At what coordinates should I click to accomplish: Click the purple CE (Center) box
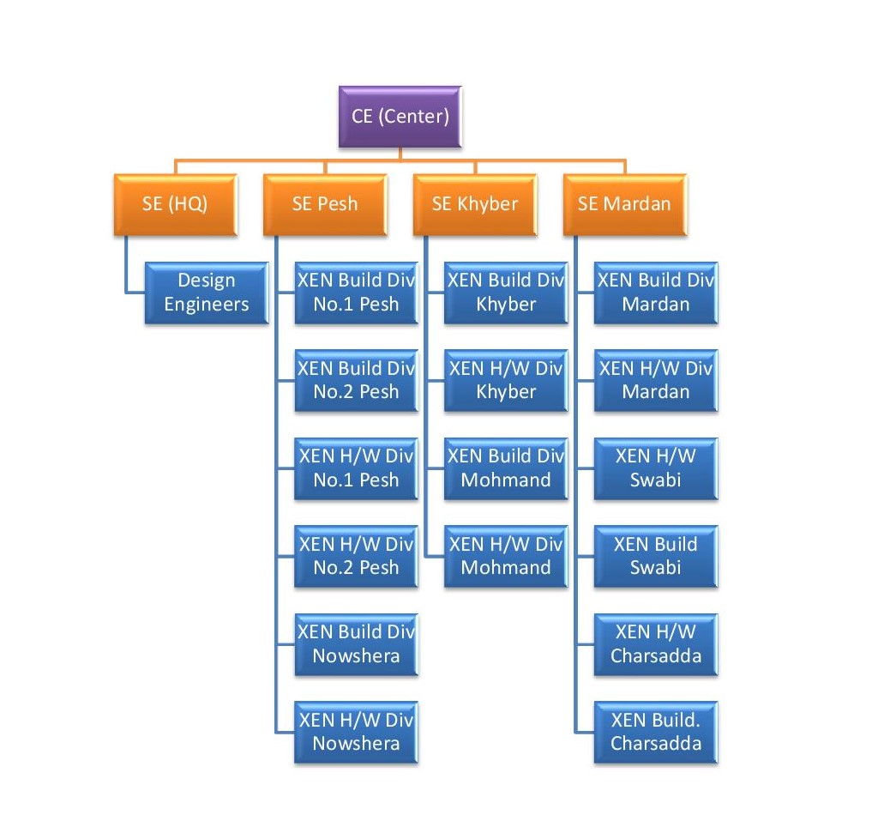pyautogui.click(x=400, y=116)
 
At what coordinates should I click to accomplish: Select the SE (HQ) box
pyautogui.click(x=175, y=204)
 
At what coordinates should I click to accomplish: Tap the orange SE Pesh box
pyautogui.click(x=325, y=204)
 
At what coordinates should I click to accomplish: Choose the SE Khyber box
pyautogui.click(x=475, y=204)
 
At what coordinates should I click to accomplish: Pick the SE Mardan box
pyautogui.click(x=625, y=204)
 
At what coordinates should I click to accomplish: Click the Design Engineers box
pyautogui.click(x=207, y=293)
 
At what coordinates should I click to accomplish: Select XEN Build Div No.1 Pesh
pyautogui.click(x=356, y=293)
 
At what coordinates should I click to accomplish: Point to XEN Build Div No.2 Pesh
pyautogui.click(x=356, y=380)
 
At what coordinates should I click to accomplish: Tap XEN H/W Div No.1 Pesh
pyautogui.click(x=356, y=468)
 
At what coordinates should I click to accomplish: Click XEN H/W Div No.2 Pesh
pyautogui.click(x=356, y=556)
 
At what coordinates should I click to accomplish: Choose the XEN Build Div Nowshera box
pyautogui.click(x=356, y=644)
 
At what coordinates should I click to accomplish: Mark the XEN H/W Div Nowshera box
pyautogui.click(x=356, y=732)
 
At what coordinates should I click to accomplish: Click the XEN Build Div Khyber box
pyautogui.click(x=506, y=293)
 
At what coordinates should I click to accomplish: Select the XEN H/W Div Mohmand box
pyautogui.click(x=506, y=556)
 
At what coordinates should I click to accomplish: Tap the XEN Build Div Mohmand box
pyautogui.click(x=506, y=468)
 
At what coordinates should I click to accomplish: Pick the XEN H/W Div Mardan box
pyautogui.click(x=656, y=380)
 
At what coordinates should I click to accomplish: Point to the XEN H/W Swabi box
pyautogui.click(x=656, y=468)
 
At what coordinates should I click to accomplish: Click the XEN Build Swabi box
pyautogui.click(x=656, y=556)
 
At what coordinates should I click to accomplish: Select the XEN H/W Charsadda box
pyautogui.click(x=656, y=644)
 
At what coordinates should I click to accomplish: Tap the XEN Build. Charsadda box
pyautogui.click(x=656, y=732)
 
